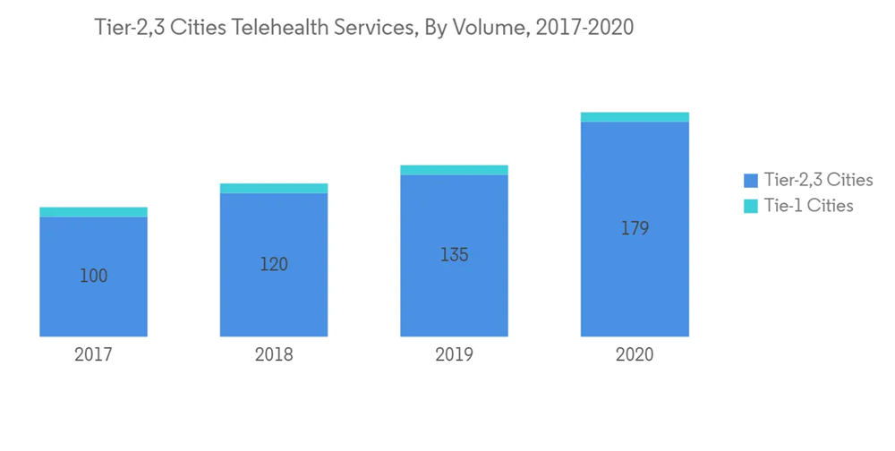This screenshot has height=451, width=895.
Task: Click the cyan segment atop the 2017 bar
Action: [93, 212]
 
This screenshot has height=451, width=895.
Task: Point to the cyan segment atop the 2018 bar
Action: [274, 188]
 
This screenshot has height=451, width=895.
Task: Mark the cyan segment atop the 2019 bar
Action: [454, 170]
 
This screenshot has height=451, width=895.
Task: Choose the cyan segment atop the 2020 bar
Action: [635, 117]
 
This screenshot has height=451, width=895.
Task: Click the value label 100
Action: [93, 276]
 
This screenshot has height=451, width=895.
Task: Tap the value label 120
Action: [274, 265]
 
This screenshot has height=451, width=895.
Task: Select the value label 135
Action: [454, 255]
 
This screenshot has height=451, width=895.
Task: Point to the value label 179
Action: [635, 228]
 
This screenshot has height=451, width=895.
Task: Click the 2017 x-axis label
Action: [93, 354]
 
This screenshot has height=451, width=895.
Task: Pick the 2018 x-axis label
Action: [274, 354]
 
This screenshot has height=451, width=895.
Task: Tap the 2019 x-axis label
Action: [454, 354]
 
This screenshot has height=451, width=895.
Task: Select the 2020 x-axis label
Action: [635, 354]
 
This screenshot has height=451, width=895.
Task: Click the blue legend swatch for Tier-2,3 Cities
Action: [750, 181]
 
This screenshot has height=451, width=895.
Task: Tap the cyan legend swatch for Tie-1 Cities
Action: [750, 206]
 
